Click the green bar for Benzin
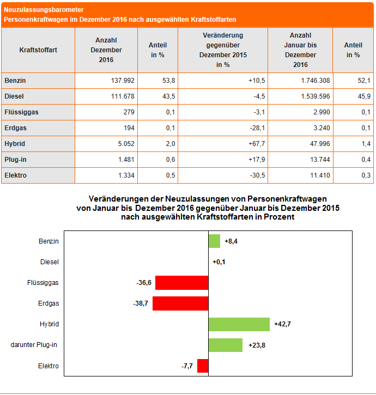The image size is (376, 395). pos(214,241)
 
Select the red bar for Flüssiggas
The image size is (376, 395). pos(182,283)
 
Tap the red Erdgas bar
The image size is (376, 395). pos(180,303)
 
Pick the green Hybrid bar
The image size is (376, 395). pos(239,324)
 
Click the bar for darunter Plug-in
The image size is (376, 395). pos(225,345)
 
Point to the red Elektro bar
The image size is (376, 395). pos(203,366)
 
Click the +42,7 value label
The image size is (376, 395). pos(282,324)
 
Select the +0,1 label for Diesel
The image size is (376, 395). pos(219,262)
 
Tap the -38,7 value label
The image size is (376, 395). pos(142,303)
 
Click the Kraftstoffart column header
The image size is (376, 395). pos(38,50)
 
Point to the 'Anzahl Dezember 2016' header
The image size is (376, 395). pos(107,50)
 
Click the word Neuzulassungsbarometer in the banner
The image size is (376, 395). pos(44,10)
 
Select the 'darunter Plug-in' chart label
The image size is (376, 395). pos(35,345)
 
